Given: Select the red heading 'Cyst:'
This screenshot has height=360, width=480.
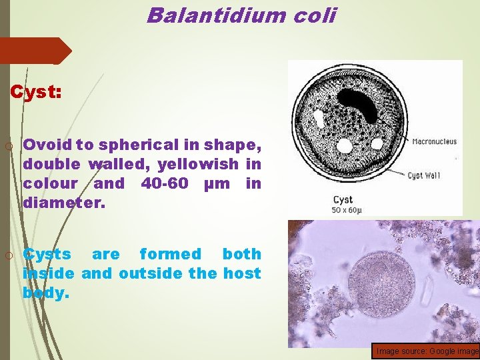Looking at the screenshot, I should [36, 93].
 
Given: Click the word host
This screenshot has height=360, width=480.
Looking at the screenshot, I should [241, 273].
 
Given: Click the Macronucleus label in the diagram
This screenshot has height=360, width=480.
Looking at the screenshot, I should [434, 141].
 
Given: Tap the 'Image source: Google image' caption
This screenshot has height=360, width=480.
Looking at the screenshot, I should [427, 351].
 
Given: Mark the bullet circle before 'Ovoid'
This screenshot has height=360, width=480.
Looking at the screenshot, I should [8, 145].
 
